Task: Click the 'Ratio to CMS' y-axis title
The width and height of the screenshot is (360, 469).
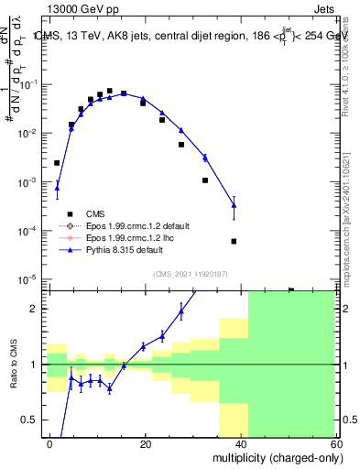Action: (13, 365)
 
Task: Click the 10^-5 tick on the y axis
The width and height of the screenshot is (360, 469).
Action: (28, 279)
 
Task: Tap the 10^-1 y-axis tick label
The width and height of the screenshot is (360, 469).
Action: (28, 84)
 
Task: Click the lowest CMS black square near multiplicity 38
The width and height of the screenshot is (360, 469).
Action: (234, 241)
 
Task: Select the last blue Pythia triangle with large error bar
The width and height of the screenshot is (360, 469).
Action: (234, 205)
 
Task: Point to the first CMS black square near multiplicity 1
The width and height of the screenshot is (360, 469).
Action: (57, 163)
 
